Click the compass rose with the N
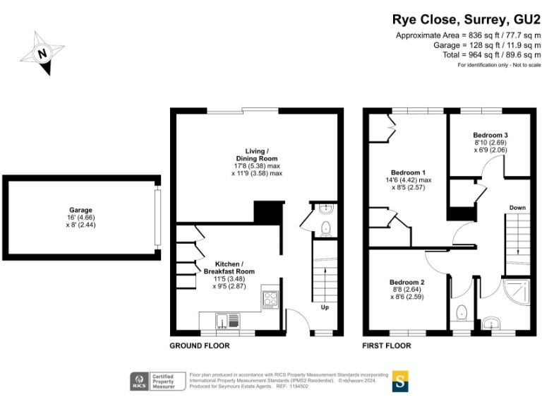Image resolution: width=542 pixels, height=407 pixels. click(x=43, y=52)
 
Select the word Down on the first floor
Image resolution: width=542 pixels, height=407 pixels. click(x=517, y=208)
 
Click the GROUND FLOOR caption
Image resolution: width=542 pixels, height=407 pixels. click(x=199, y=346)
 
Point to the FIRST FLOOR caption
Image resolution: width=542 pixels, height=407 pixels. click(x=387, y=346)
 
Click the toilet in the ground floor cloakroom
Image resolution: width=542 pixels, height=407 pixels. click(x=324, y=228)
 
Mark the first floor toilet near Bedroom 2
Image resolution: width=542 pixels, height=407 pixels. click(x=461, y=312)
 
